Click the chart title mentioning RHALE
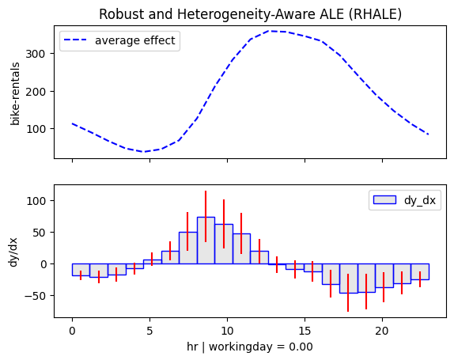click(x=251, y=14)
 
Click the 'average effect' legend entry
click(x=120, y=40)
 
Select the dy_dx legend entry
click(x=405, y=200)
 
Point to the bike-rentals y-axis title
click(x=15, y=94)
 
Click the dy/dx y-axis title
click(x=13, y=252)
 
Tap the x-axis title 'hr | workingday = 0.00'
click(x=250, y=347)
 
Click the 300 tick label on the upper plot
click(x=36, y=54)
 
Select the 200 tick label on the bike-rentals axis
click(x=36, y=92)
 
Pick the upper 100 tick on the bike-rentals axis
click(x=36, y=129)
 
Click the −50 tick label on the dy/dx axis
click(x=35, y=296)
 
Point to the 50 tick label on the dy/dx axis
click(x=39, y=233)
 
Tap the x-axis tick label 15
click(x=305, y=331)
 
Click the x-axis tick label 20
click(x=382, y=331)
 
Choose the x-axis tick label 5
click(x=149, y=331)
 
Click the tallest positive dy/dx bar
click(x=206, y=241)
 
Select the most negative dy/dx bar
click(x=349, y=279)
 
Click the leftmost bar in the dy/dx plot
click(x=81, y=270)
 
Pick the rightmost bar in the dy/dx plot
click(x=420, y=271)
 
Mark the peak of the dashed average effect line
click(x=269, y=31)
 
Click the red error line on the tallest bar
click(x=206, y=216)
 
